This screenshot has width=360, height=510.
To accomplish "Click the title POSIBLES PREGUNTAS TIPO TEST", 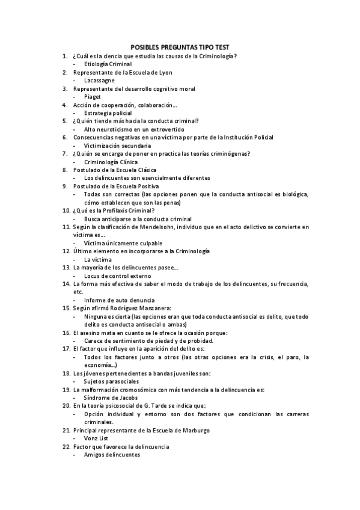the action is [x=180, y=48].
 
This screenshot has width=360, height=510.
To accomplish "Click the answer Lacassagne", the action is [x=99, y=80].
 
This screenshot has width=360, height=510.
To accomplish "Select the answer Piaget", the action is [x=93, y=96].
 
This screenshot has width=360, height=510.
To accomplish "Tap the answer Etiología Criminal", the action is [x=108, y=64].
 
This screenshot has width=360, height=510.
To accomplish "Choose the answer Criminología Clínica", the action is [x=111, y=162].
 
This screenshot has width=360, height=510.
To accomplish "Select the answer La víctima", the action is [x=98, y=259].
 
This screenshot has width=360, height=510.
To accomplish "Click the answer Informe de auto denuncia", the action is [x=119, y=300].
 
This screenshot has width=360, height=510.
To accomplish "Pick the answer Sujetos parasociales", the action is [x=111, y=381].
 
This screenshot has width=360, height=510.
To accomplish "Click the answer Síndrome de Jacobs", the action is [x=111, y=398].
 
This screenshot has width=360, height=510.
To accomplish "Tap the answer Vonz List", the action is [x=96, y=438].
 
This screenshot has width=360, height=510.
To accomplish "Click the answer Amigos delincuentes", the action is [x=112, y=455].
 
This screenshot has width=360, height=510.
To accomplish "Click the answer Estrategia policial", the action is [x=108, y=112].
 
